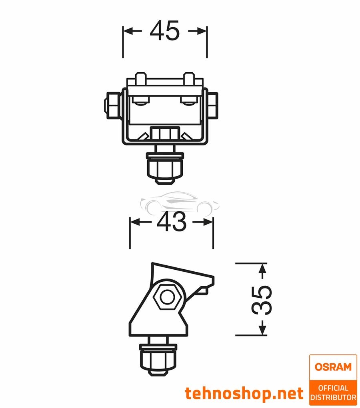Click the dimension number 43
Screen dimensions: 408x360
[171, 222]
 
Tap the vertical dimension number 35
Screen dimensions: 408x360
[262, 299]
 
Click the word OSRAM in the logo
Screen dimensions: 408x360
[333, 367]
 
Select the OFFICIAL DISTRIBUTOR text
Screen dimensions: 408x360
[333, 392]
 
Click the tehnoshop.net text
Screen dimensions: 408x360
[244, 394]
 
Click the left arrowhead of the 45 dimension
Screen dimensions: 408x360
[128, 31]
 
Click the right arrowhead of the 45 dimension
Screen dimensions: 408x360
[202, 31]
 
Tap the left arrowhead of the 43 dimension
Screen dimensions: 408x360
[134, 222]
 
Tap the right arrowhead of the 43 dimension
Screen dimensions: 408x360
[208, 222]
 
